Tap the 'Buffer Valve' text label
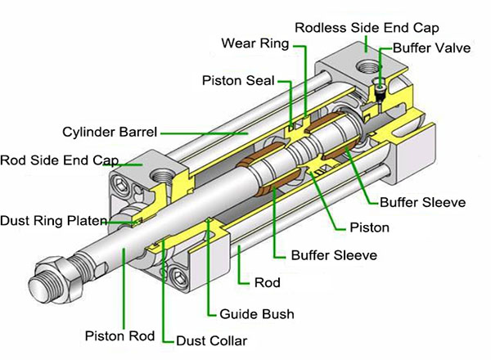tap(431, 49)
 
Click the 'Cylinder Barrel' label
tap(110, 131)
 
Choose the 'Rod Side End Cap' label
tap(60, 159)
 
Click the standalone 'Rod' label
tap(267, 283)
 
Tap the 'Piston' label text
tap(368, 227)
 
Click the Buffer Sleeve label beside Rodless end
tap(422, 201)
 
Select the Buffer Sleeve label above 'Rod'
tap(334, 254)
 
